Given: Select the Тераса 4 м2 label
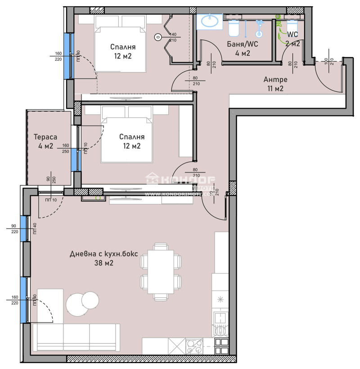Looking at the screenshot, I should (x=44, y=141).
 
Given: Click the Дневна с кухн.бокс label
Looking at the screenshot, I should (x=104, y=258).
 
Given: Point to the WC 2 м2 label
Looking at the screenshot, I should (x=293, y=39).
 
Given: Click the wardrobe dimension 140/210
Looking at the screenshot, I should (x=172, y=37).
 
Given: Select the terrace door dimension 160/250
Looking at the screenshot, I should (x=66, y=148).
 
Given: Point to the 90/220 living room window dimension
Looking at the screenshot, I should (x=13, y=228).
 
